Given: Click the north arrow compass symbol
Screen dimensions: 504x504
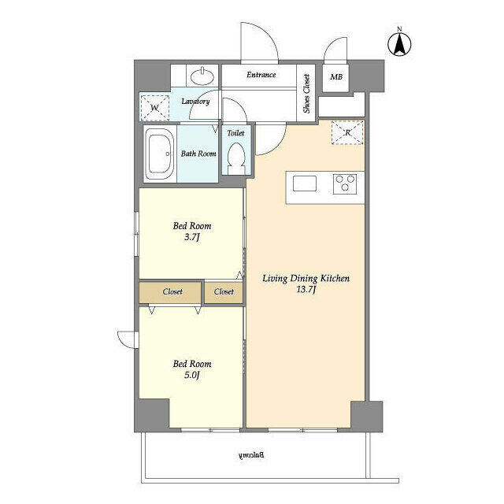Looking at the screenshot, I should point(399,43).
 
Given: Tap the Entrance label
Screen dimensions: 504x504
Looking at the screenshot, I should point(261,75).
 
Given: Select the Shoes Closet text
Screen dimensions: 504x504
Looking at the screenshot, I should point(307,94).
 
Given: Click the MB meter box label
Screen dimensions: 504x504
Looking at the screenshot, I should point(336,77).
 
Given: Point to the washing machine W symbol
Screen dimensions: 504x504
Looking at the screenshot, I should point(154,106).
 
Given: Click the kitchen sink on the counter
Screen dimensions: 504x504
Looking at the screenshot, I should point(305,183).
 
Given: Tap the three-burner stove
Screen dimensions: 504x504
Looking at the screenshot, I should point(344,183).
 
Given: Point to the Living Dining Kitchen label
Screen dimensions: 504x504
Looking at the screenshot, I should point(306,284).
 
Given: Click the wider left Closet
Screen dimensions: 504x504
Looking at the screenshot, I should point(172,291).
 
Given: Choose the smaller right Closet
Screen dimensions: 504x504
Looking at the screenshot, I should point(224,291).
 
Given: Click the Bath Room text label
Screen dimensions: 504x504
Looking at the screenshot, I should point(198,154).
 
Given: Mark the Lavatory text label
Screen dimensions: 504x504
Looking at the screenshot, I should point(195,102).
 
